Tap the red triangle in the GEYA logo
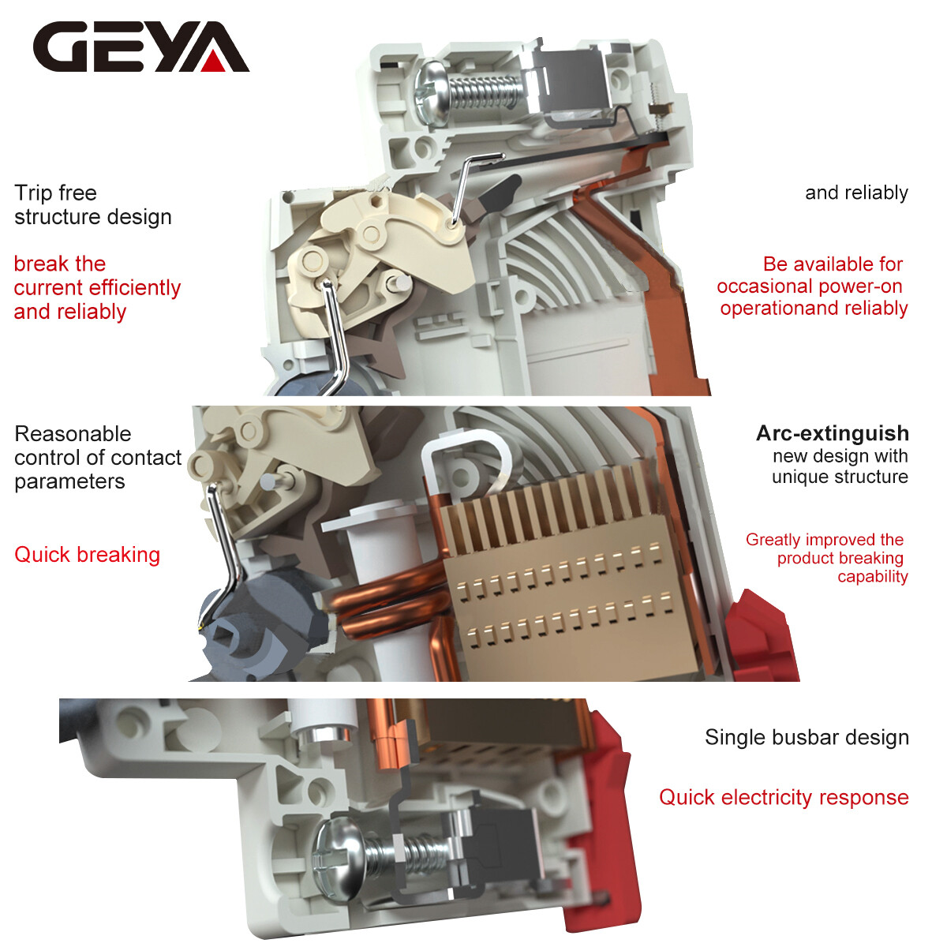(214, 61)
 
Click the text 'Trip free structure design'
(92, 204)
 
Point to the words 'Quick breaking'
(87, 555)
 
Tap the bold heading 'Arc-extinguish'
(832, 433)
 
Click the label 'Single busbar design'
(806, 737)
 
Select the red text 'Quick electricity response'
(783, 797)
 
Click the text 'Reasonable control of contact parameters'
(97, 458)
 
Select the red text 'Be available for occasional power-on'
(811, 275)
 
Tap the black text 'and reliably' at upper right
(855, 193)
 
